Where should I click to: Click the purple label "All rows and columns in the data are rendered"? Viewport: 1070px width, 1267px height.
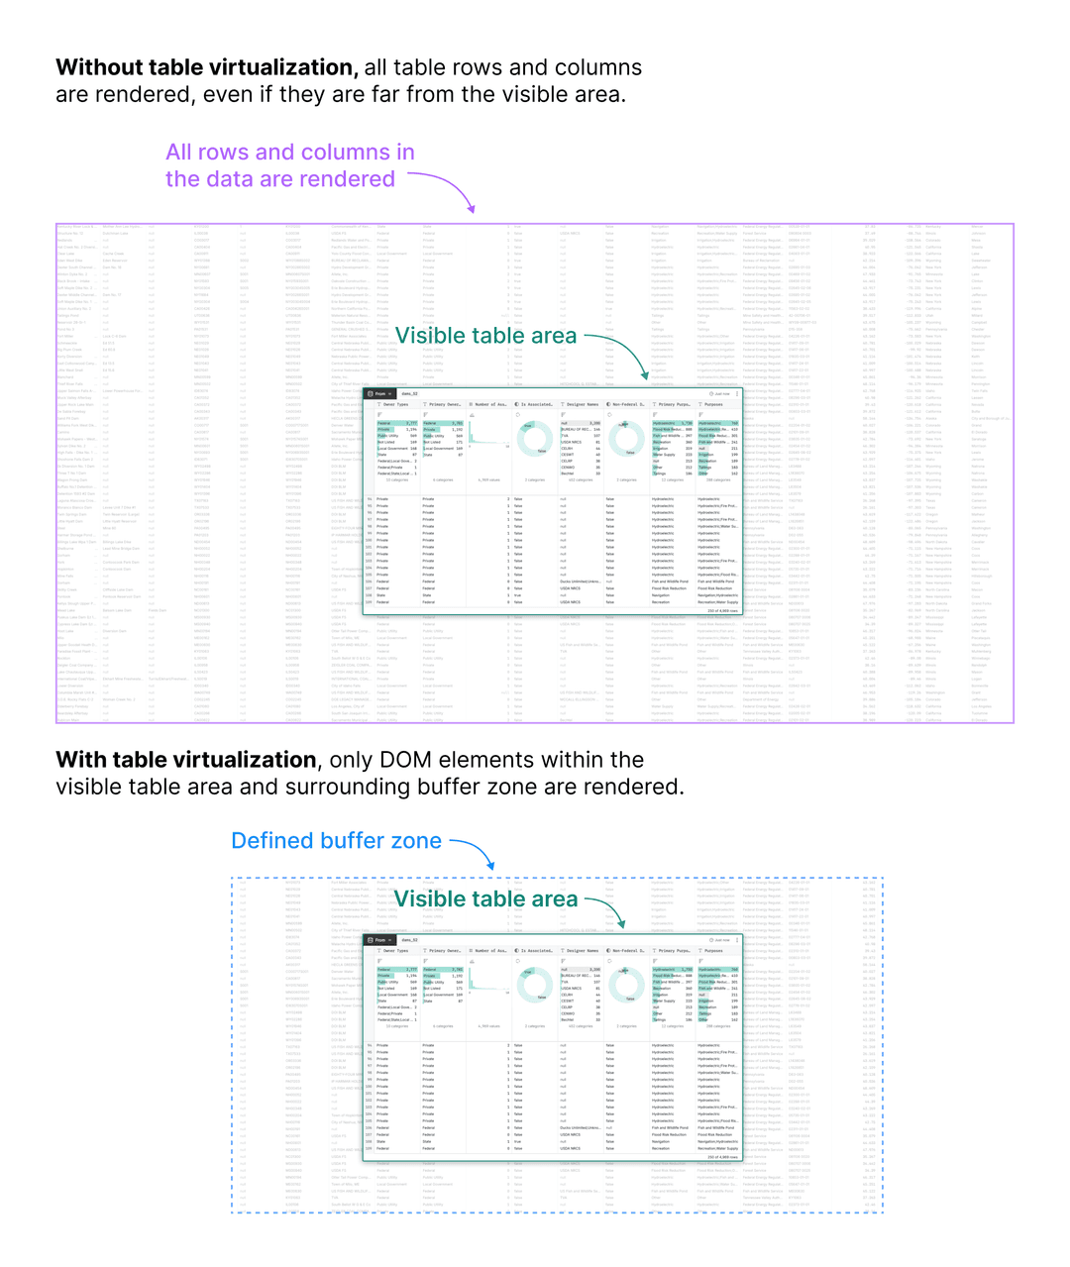click(x=289, y=165)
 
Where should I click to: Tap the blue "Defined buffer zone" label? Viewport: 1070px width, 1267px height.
click(x=336, y=841)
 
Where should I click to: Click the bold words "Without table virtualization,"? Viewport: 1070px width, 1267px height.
click(x=206, y=67)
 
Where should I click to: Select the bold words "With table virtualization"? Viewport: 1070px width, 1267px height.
click(x=186, y=760)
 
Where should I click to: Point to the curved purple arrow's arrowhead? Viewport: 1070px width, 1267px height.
click(x=472, y=209)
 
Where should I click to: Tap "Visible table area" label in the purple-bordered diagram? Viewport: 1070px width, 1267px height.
click(x=485, y=336)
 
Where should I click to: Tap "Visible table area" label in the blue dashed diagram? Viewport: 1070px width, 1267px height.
click(x=485, y=898)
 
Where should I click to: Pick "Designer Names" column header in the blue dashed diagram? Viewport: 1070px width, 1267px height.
click(x=582, y=951)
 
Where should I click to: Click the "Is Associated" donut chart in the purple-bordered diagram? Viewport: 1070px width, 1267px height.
click(x=535, y=437)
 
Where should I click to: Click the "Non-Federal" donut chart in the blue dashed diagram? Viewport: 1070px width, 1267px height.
click(x=626, y=983)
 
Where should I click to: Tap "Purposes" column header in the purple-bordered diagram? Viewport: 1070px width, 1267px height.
click(x=712, y=404)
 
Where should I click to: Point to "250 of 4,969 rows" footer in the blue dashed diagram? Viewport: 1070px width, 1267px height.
click(x=722, y=1156)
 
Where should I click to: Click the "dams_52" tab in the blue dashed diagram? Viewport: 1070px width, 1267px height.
click(x=409, y=940)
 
